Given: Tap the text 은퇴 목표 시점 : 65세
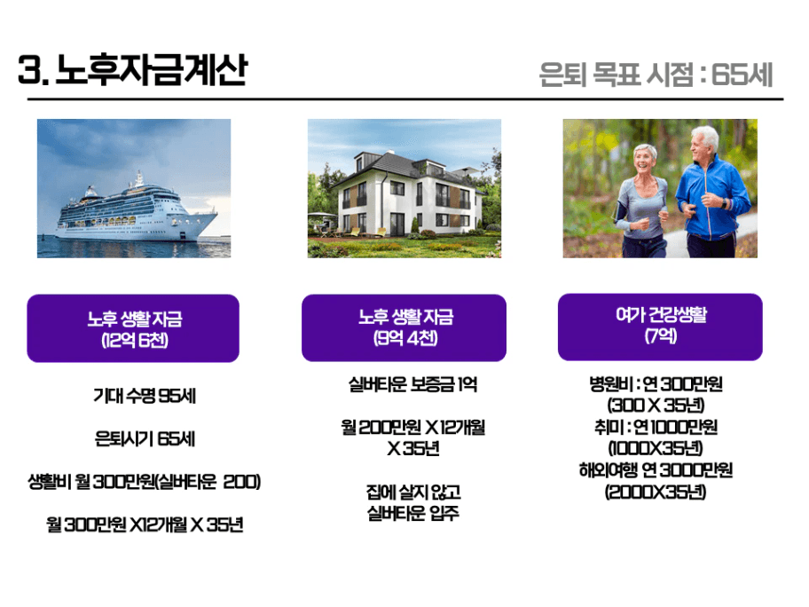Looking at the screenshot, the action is coord(656,75).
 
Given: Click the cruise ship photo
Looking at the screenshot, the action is coord(134,188).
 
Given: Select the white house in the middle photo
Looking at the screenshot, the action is coord(407,193).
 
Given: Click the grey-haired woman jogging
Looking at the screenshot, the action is coord(640,201).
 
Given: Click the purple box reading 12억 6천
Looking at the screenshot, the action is coord(133,328).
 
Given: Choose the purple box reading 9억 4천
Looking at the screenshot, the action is coord(404,327).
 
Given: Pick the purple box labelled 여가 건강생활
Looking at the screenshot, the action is coord(660,327).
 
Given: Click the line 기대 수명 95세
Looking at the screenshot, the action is coord(145,396).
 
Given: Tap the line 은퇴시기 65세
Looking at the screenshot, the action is coord(145,438).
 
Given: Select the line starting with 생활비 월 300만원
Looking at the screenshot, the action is coord(144,482).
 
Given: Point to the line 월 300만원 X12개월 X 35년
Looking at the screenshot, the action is coord(145,525).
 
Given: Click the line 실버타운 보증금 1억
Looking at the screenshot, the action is coord(412,384).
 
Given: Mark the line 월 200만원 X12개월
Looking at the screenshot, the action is coord(412,428).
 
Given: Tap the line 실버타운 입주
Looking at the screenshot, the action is coord(412,513).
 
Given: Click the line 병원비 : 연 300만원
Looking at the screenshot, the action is coord(656,384).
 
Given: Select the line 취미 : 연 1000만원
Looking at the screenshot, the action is coord(656,427).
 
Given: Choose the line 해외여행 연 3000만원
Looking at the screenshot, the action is coord(656,470).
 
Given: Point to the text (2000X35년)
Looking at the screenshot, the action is coord(656,492).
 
